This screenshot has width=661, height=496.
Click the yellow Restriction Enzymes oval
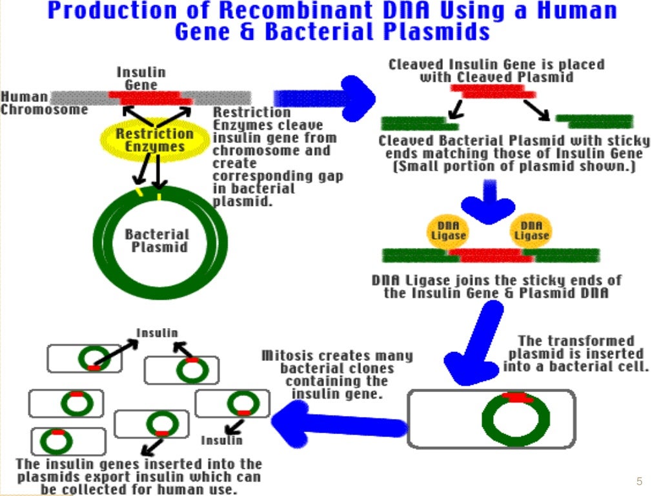(x=154, y=140)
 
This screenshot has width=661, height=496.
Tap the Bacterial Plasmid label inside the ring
(x=157, y=240)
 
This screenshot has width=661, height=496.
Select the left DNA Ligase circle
(x=448, y=231)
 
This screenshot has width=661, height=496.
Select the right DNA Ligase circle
(x=531, y=231)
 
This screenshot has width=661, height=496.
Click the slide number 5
(x=639, y=480)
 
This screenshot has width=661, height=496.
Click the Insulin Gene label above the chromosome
(x=141, y=78)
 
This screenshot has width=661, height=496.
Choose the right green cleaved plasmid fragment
(x=595, y=121)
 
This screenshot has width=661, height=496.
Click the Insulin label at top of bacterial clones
(x=157, y=333)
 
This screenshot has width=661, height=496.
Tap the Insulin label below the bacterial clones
(x=221, y=440)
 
